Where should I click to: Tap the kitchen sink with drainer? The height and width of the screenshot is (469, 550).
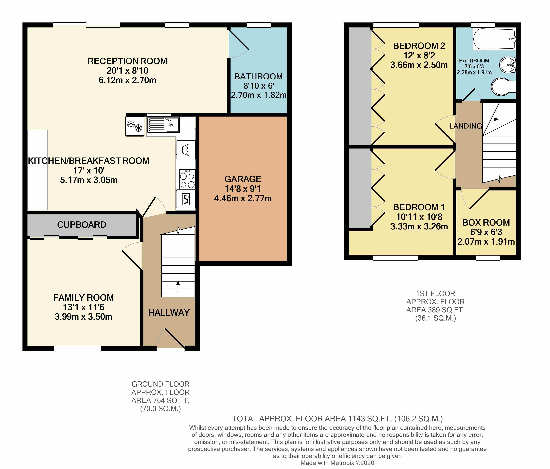coord(164,125)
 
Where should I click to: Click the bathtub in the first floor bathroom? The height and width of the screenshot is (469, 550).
coord(494,39)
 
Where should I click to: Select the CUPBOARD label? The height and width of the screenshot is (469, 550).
coord(82,225)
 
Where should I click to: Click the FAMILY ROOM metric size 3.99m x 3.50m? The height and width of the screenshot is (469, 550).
coord(83,317)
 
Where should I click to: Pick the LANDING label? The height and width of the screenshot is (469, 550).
coord(466,126)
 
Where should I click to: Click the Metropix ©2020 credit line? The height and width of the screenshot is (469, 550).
coord(337,463)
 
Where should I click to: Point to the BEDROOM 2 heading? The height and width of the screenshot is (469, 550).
coord(419,46)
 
